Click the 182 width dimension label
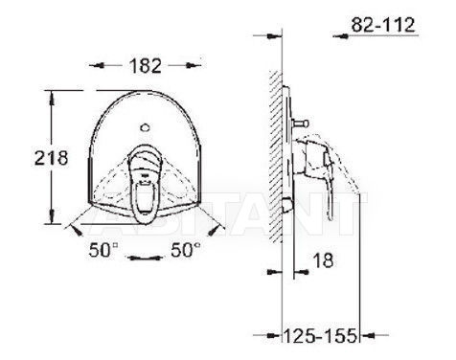click(x=146, y=66)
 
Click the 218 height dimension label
click(x=52, y=158)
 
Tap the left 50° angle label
click(x=103, y=250)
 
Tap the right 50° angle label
click(x=186, y=250)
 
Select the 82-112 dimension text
click(x=383, y=25)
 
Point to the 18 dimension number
click(x=323, y=260)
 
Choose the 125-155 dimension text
click(x=320, y=335)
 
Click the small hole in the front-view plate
click(x=145, y=127)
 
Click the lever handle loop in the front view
click(x=145, y=184)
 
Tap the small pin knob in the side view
click(x=301, y=123)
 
